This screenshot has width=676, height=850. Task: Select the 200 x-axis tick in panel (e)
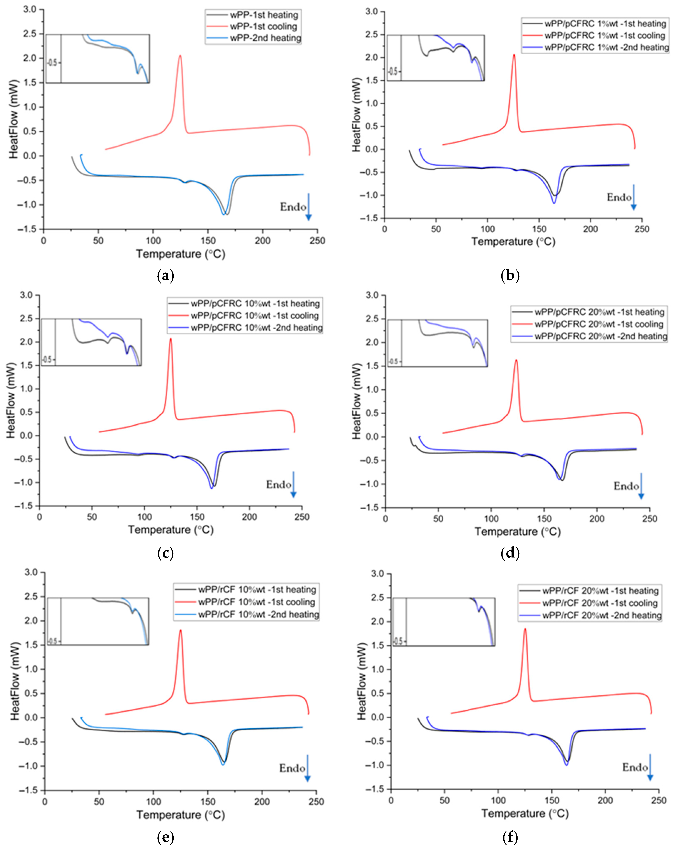pos(262,801)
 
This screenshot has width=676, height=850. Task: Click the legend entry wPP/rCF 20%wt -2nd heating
pos(601,615)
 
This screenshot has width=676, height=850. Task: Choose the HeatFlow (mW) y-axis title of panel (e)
pos(15,681)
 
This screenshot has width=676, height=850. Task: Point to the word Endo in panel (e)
pos(292,768)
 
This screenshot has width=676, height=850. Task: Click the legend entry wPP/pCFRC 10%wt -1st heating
pos(255,304)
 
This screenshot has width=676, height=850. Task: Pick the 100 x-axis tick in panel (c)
pos(144,517)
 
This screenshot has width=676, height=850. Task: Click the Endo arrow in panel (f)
pos(650,767)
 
